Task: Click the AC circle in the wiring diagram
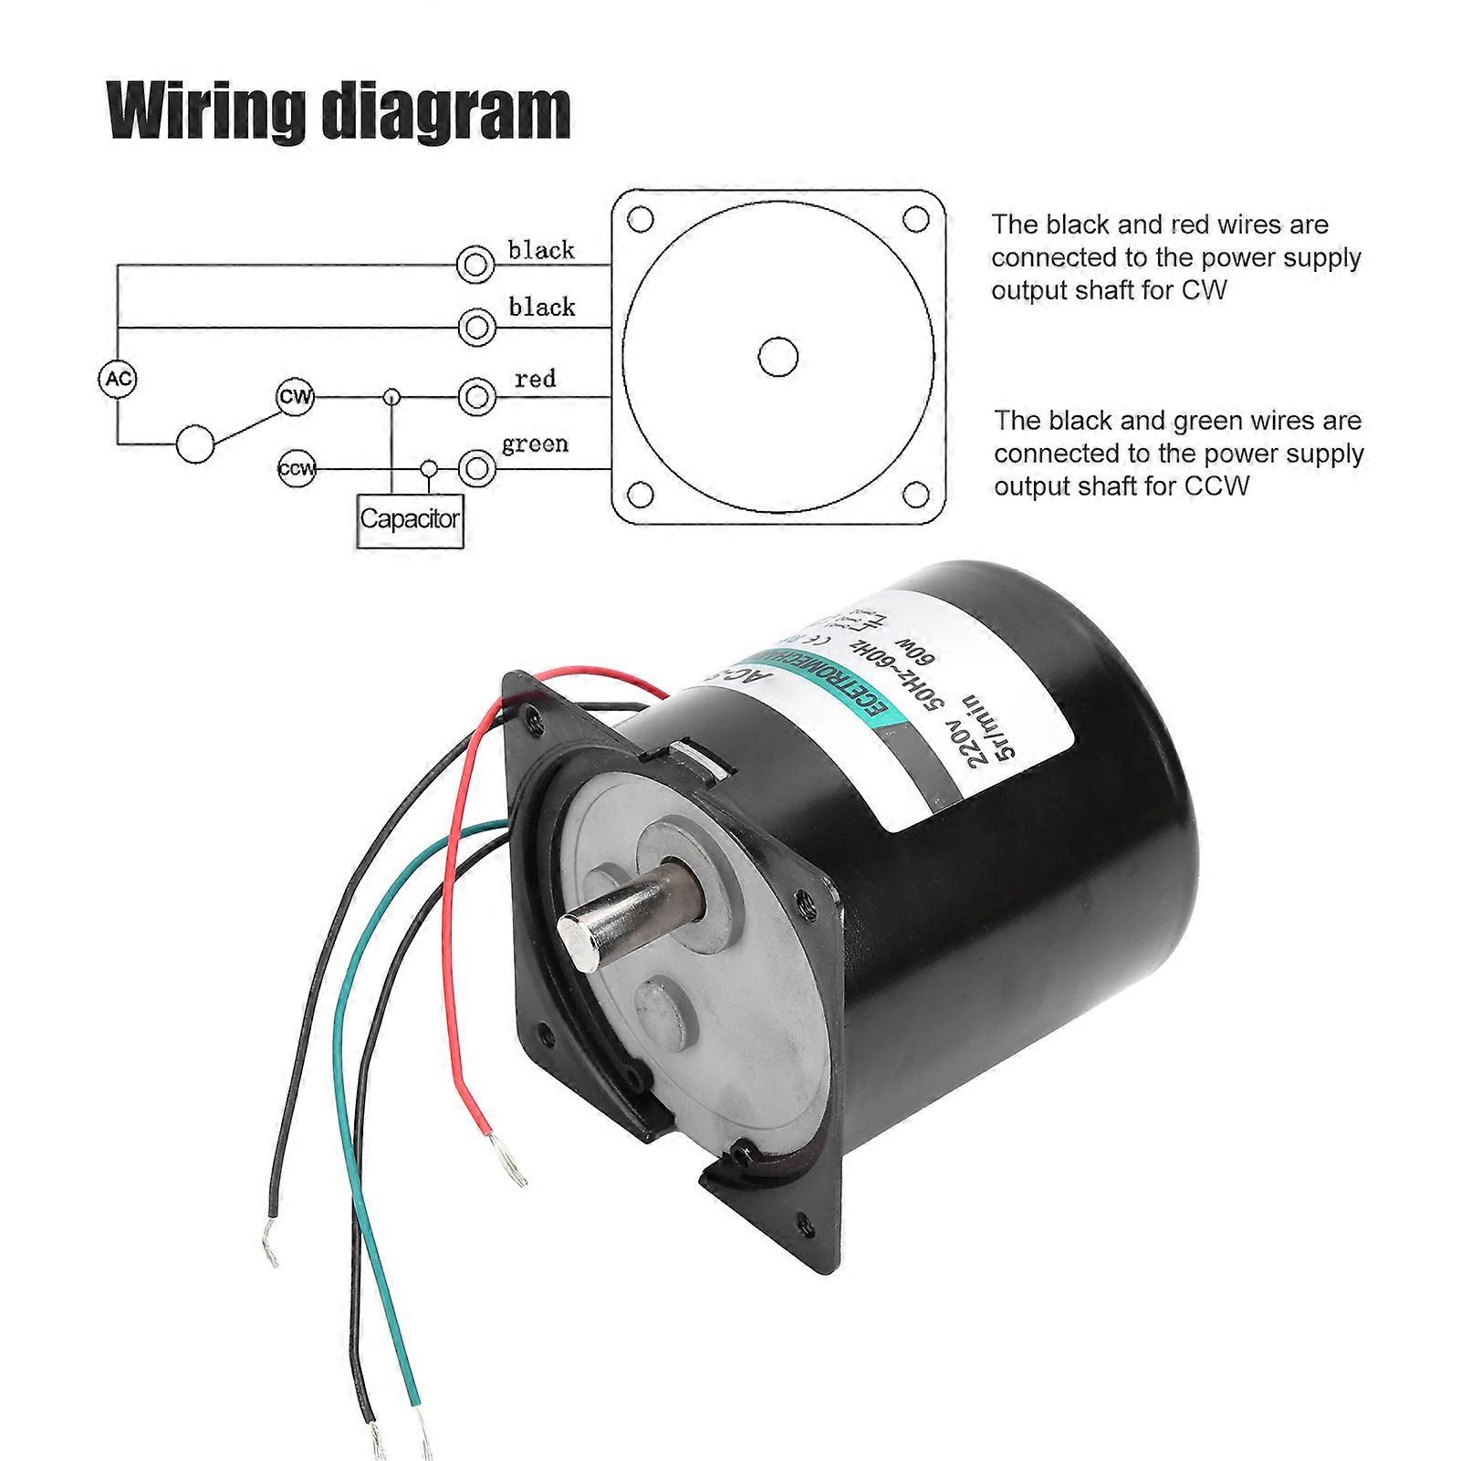pos(117,379)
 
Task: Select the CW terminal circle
pos(295,398)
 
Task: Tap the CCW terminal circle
pos(296,470)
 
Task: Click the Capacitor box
pos(410,519)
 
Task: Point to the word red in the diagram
pos(535,378)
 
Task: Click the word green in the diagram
pos(535,444)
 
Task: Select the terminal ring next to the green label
pos(475,469)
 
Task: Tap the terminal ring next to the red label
pos(475,398)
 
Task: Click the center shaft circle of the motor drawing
pos(778,357)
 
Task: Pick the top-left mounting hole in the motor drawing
pos(642,220)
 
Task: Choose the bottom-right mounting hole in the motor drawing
pos(914,495)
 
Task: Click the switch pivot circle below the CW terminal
pos(194,444)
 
